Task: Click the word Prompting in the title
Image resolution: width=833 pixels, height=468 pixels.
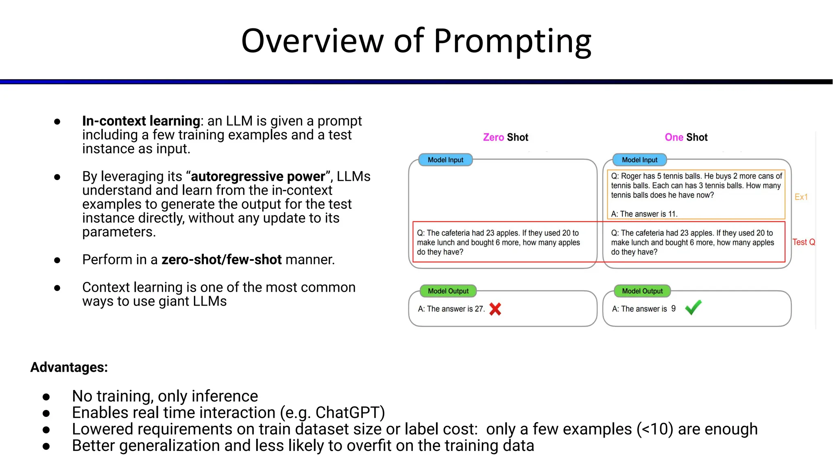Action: coord(512,41)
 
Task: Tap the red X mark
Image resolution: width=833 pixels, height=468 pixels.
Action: coord(495,309)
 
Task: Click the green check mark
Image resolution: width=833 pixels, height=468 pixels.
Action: coord(693,308)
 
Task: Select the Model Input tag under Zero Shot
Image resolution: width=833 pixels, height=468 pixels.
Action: coord(445,160)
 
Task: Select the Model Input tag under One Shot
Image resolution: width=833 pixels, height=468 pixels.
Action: coord(639,160)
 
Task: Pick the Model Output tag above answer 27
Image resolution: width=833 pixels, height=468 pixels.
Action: coord(448,291)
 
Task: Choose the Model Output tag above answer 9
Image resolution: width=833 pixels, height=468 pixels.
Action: coord(642,291)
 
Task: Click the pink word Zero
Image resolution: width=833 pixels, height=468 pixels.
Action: coord(493,137)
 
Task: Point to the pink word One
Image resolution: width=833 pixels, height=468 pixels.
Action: coord(674,137)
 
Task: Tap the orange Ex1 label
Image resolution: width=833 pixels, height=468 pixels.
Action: coord(801,197)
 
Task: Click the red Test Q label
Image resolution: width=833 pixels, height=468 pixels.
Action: coord(804,242)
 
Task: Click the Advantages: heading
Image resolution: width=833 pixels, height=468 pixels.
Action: coord(69,367)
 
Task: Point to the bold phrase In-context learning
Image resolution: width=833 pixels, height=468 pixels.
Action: coord(141,121)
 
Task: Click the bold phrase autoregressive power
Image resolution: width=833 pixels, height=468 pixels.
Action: coord(258,176)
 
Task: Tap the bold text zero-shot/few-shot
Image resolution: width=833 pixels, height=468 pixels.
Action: coord(222,260)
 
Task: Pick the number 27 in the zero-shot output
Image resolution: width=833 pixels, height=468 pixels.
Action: coord(479,309)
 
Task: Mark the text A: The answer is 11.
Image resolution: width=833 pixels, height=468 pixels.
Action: coord(644,214)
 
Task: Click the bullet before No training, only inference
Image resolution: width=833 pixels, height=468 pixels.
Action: coord(46,396)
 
